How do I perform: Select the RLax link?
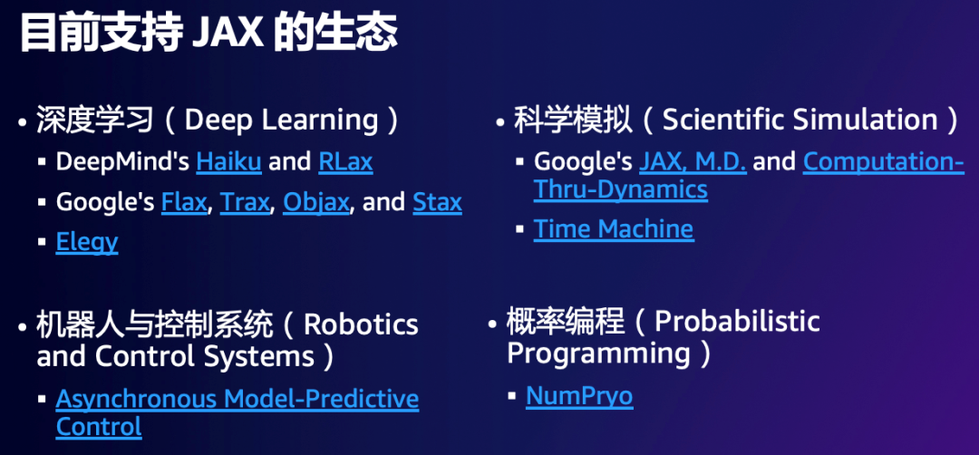coord(345,161)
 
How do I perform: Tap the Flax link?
coord(183,202)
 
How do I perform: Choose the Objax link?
coord(316,203)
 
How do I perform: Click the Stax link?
coord(437,202)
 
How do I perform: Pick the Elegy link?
coord(87,243)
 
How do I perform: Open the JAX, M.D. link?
coord(693,162)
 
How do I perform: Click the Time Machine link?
coord(613,229)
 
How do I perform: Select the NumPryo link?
coord(579,397)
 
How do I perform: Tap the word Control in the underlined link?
coord(99,427)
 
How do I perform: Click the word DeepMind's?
coord(123,162)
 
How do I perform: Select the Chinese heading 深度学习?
coord(94,121)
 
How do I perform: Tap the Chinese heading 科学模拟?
coord(573,120)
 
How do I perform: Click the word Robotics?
coord(361,324)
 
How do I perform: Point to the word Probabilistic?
coord(737,322)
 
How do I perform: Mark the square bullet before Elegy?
coord(42,242)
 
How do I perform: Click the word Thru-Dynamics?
coord(621,189)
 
